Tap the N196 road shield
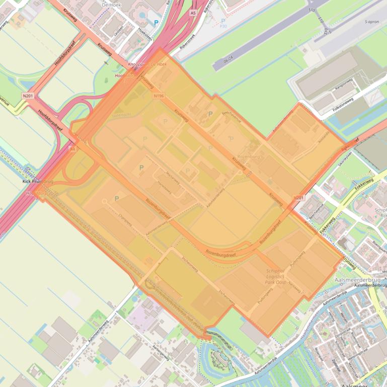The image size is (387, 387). (x=159, y=95)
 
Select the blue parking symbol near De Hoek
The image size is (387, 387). (x=156, y=23)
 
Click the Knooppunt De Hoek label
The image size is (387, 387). (x=147, y=65)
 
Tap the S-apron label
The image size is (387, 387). (x=371, y=22)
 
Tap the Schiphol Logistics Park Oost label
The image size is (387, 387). (x=275, y=276)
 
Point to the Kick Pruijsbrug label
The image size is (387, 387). (x=38, y=181)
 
